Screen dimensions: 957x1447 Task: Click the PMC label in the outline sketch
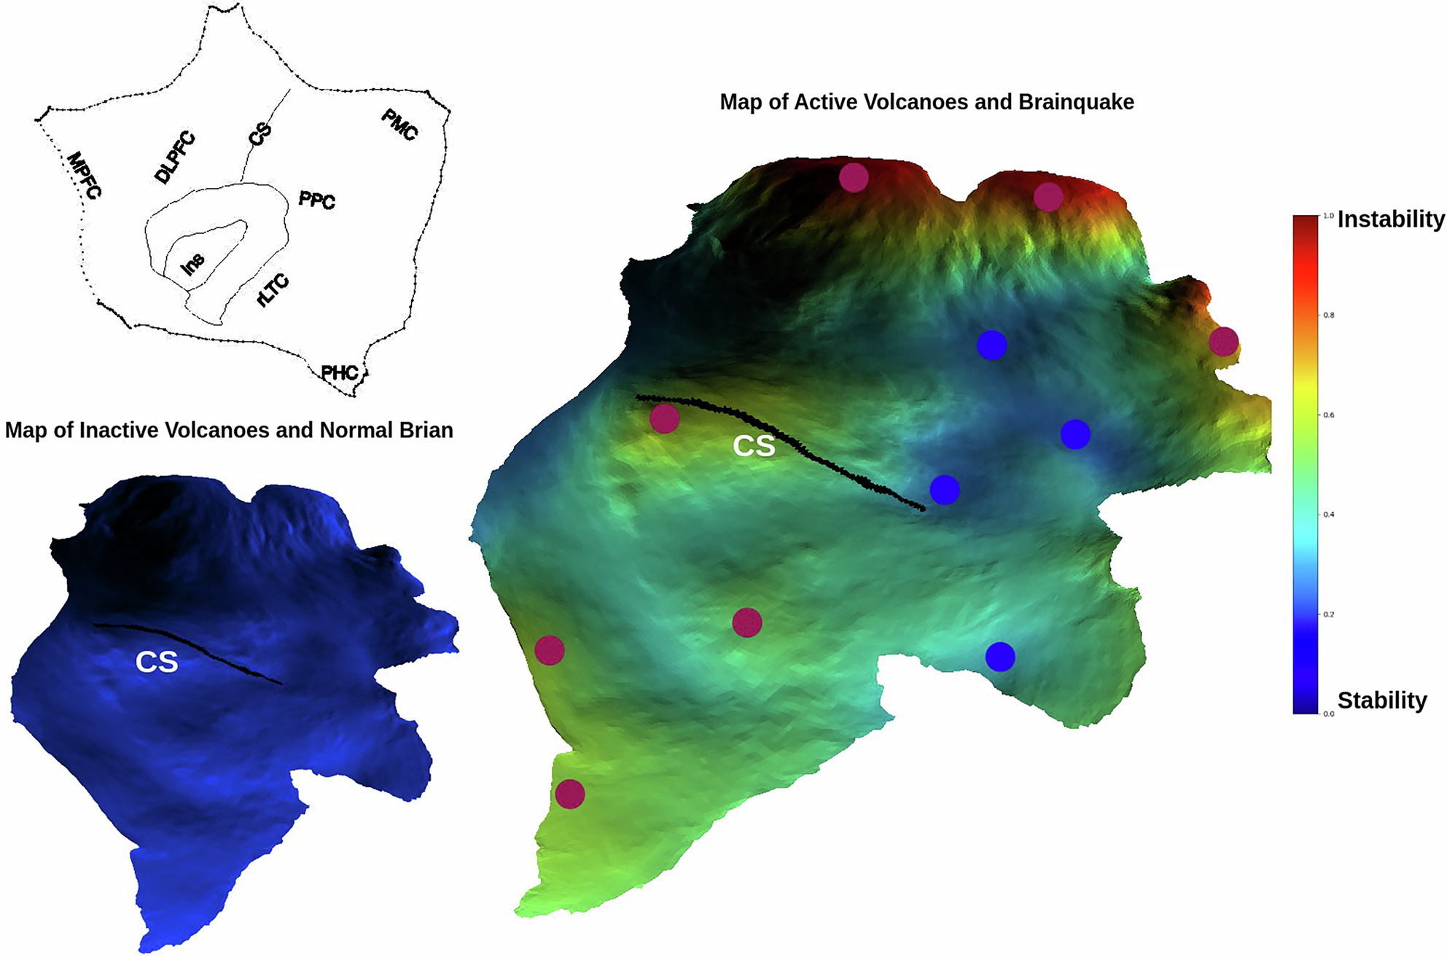399,125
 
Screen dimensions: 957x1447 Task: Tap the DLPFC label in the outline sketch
175,157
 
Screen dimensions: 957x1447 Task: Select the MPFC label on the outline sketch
85,176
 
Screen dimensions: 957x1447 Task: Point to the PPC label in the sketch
317,200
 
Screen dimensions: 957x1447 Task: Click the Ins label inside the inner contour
192,264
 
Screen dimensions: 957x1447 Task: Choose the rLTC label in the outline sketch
273,291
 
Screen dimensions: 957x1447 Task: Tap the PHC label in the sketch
340,373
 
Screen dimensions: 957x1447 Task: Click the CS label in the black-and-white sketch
260,134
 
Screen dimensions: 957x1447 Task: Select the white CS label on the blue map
157,662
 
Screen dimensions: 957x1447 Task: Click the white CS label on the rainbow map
754,446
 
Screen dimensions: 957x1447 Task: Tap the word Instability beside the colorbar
1390,219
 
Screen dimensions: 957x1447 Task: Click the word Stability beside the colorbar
1381,700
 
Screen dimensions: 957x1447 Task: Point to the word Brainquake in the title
1076,102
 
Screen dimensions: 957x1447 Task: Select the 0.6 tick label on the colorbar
1329,415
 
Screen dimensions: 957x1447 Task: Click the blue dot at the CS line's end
944,490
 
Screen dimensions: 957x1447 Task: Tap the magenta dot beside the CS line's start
664,419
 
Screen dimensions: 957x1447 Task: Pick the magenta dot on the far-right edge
1223,341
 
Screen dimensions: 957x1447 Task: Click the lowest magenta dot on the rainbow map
570,794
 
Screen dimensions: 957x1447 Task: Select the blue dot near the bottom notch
1000,657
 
